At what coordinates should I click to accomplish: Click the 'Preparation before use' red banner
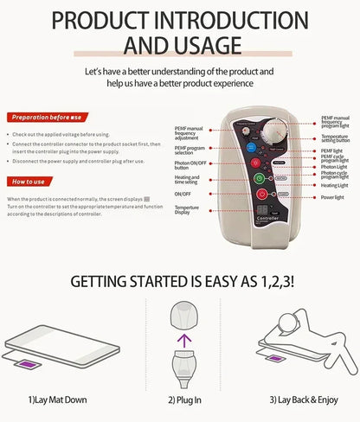coord(45,117)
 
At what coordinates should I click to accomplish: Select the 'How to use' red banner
coord(32,182)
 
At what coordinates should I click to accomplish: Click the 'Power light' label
coord(333,197)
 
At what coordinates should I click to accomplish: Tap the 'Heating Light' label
coord(336,185)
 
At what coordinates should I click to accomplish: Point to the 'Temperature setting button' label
coord(336,138)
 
